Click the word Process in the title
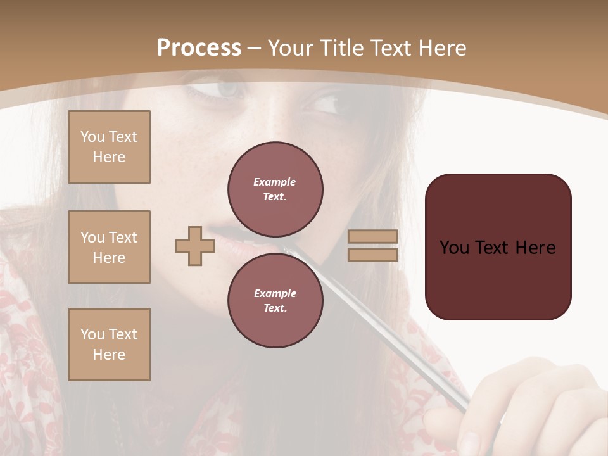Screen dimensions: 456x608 (199, 48)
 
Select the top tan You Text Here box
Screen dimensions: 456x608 (109, 147)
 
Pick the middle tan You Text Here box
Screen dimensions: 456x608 (109, 247)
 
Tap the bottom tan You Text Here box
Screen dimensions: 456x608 (109, 345)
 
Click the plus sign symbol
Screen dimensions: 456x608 (195, 246)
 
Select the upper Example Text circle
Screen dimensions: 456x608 (275, 189)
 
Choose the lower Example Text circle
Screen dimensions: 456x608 (275, 301)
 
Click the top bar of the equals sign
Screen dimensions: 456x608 (373, 237)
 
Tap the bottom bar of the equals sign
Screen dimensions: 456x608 (373, 255)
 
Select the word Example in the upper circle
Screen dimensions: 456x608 (275, 182)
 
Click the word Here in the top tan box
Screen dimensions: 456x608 (109, 157)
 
